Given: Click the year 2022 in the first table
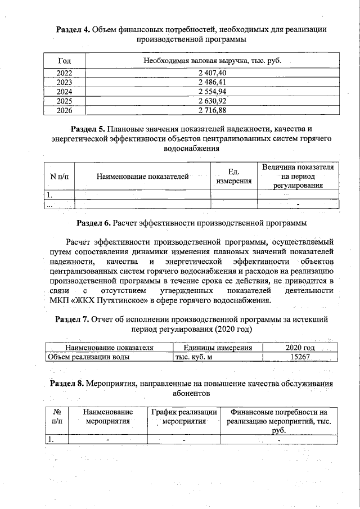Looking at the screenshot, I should pos(64,73).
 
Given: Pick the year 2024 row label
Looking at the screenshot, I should pos(64,92).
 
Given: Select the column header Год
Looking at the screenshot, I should pos(64,60).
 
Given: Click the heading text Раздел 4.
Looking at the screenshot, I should pos(73,29).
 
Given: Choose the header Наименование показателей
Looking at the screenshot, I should pos(142,177).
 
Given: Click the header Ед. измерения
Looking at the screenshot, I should pos(234,177).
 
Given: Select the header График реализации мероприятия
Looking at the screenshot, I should pos(184,416).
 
